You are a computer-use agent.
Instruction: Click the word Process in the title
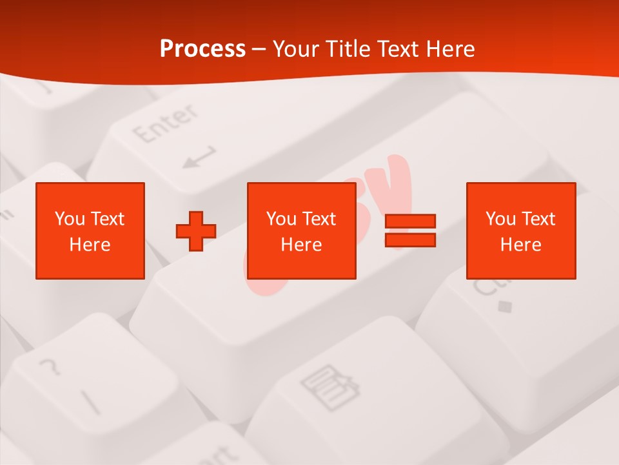(x=202, y=49)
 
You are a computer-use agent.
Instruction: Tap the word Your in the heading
(x=295, y=49)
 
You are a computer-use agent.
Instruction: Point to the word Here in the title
(x=449, y=49)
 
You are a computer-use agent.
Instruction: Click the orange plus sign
(x=196, y=231)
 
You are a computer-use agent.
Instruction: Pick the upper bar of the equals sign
(x=410, y=221)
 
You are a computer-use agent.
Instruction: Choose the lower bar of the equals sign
(x=410, y=240)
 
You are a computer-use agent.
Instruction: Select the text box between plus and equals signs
(x=302, y=231)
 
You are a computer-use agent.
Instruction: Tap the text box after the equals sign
(x=521, y=231)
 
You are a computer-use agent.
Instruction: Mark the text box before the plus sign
(x=90, y=231)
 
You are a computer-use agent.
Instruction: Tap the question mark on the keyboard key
(x=50, y=368)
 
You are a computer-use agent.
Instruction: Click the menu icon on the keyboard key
(x=329, y=387)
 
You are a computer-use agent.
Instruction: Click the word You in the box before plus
(x=70, y=219)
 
